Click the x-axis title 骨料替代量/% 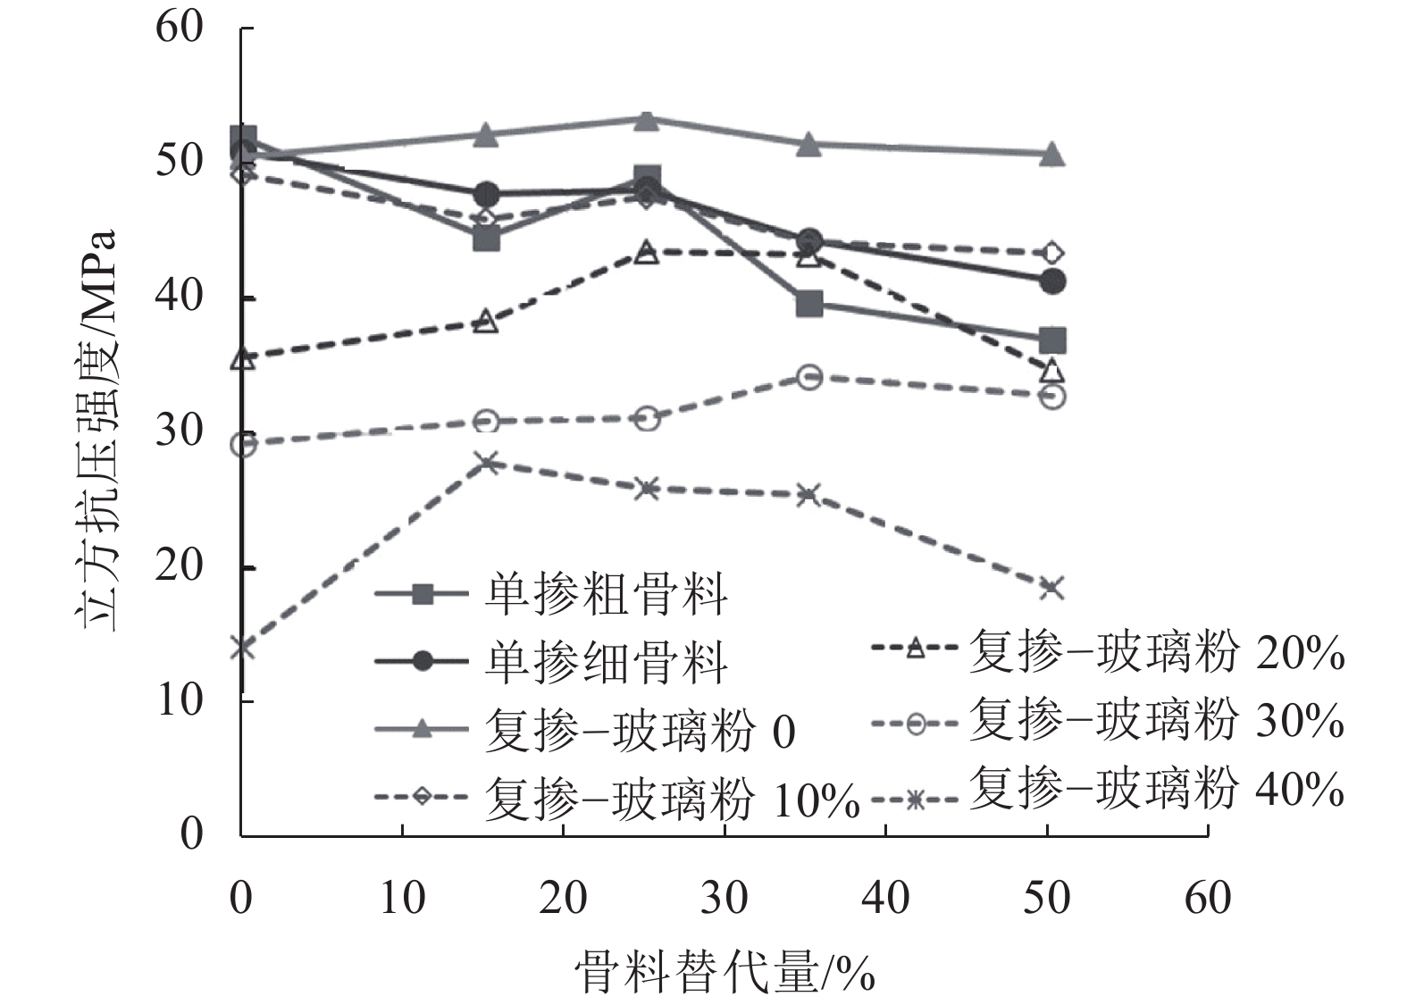coord(724,972)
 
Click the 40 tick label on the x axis coord(885,897)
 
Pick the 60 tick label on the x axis coord(1208,897)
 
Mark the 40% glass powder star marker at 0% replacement coord(242,647)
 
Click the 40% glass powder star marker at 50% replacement coord(1052,588)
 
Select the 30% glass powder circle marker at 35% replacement coord(809,376)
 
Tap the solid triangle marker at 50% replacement coord(1052,154)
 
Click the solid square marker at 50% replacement coord(1052,340)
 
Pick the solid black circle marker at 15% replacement coord(486,195)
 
